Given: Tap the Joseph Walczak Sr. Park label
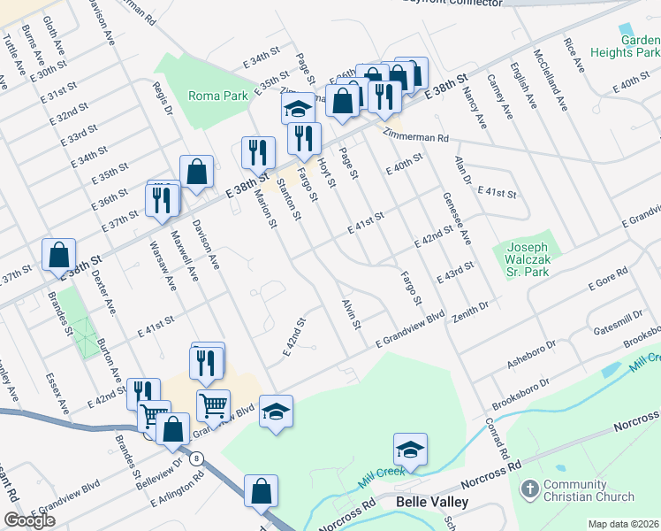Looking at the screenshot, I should tap(527, 259).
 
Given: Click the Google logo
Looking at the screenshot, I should tap(29, 520).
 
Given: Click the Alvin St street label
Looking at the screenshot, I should tap(352, 314).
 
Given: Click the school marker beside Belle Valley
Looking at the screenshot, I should tap(410, 450).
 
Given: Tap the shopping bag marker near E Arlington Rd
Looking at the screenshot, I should tap(262, 491).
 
